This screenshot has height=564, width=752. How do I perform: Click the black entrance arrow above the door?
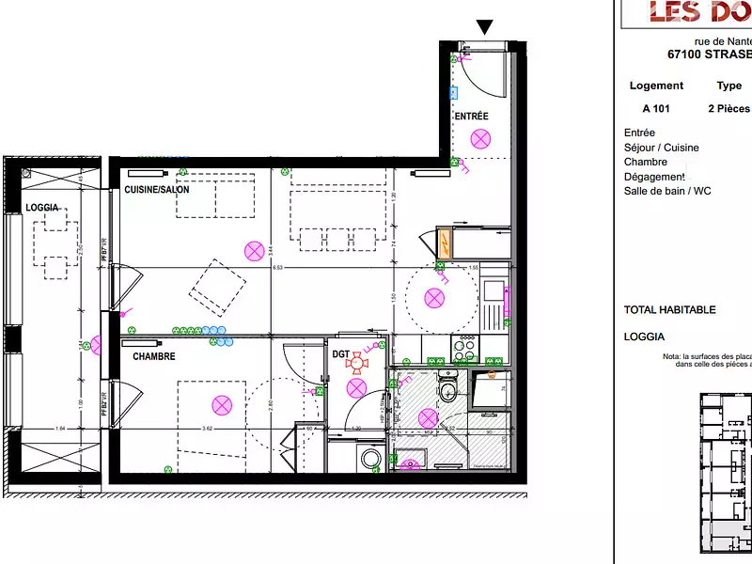coord(485,27)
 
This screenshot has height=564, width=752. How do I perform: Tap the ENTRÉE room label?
coord(471,117)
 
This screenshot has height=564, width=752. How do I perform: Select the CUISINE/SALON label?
coord(157,190)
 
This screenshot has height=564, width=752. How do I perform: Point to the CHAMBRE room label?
coord(153,357)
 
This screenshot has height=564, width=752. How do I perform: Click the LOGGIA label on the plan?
coord(42,207)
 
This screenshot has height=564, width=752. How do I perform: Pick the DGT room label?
coord(340,354)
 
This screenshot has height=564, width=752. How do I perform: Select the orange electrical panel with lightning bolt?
coord(444,244)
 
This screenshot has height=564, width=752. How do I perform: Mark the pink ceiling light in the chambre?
coord(222,405)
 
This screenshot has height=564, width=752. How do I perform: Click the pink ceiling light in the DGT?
coord(356,388)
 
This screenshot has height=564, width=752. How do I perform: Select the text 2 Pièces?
coord(728,109)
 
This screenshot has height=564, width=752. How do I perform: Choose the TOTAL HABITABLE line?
coord(669,310)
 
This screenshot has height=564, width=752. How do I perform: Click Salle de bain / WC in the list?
coord(667,191)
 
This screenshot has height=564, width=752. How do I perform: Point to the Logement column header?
coord(656,86)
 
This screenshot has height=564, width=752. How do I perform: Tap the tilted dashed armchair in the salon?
coord(218,287)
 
